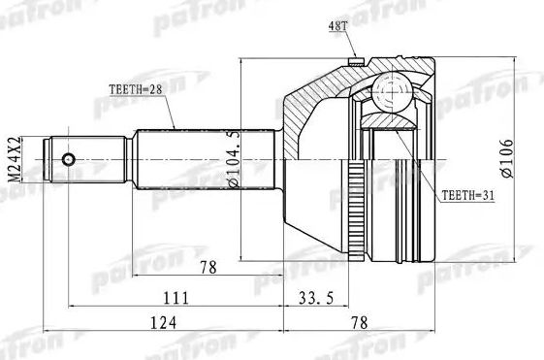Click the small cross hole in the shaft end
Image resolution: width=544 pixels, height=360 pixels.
click(x=68, y=158)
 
